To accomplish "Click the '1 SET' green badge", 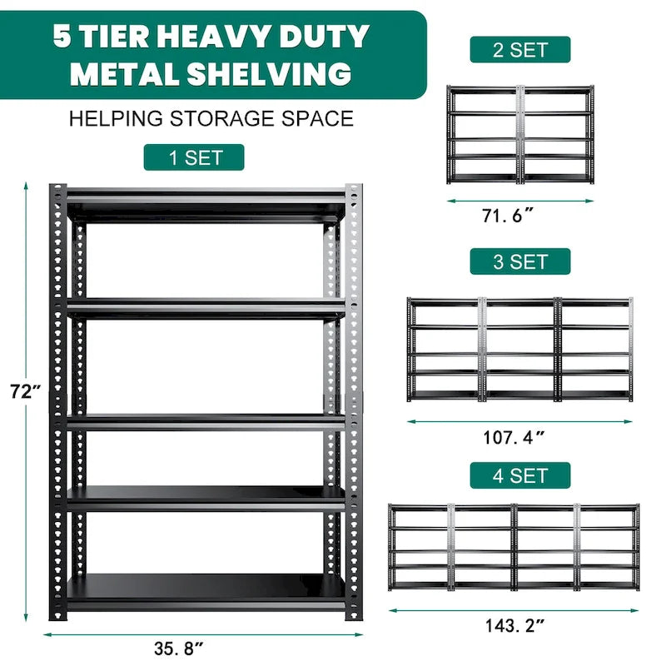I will pyautogui.click(x=193, y=157).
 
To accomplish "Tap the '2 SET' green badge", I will pyautogui.click(x=519, y=49).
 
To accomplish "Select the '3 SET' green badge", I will pyautogui.click(x=519, y=261).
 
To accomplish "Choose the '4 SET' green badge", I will pyautogui.click(x=519, y=475).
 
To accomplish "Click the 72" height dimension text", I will pyautogui.click(x=25, y=391).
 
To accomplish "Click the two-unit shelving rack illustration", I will pyautogui.click(x=519, y=134).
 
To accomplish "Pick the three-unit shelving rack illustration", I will pyautogui.click(x=519, y=349).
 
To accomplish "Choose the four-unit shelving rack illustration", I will pyautogui.click(x=514, y=546).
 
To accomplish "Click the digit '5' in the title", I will pyautogui.click(x=63, y=37).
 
